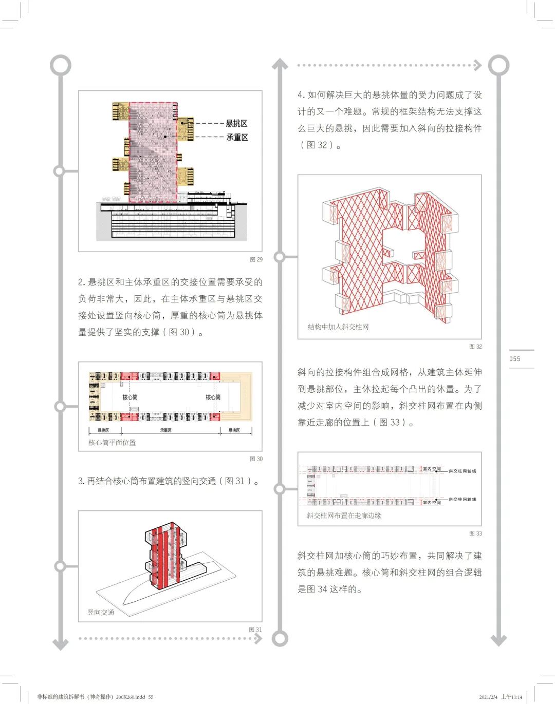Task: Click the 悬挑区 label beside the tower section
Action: tap(237, 123)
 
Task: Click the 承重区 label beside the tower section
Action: tap(237, 137)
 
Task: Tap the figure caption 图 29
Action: tap(256, 259)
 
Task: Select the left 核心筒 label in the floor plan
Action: tap(130, 397)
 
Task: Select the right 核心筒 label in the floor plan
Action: tap(213, 397)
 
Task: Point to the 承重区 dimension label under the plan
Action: tap(165, 430)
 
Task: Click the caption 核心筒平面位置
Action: tap(112, 442)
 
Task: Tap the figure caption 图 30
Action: tap(256, 459)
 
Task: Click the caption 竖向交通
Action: tap(101, 612)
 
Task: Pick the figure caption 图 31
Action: tap(255, 629)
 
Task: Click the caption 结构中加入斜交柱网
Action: tap(338, 327)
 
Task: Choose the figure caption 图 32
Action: tap(475, 347)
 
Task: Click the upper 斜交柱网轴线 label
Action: tap(462, 470)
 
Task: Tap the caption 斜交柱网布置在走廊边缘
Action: tap(344, 516)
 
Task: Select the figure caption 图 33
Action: tap(475, 534)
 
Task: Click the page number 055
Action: tap(515, 359)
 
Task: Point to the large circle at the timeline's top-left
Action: tap(61, 65)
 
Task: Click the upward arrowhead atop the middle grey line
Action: tap(280, 64)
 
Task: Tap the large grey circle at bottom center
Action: tap(280, 638)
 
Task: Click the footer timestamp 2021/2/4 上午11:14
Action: tap(501, 697)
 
